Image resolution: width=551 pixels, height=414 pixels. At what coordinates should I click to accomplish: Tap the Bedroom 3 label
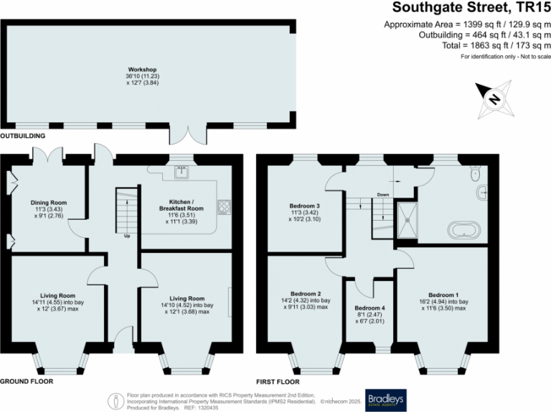tap(303, 206)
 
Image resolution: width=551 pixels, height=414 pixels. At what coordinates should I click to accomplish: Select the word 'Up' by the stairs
tap(128, 236)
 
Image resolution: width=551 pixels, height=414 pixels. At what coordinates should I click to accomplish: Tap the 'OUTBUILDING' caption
tap(23, 135)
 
